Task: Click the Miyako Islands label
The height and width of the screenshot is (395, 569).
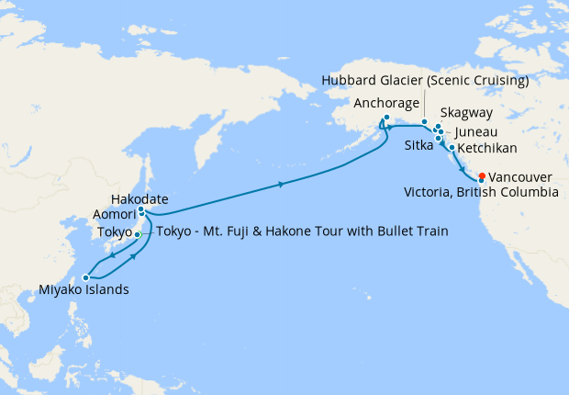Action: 84,291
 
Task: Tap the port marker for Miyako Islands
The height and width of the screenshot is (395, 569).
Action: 85,276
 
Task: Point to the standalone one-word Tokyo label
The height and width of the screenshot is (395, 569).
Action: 116,231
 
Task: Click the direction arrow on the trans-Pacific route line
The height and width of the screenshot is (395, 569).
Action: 280,186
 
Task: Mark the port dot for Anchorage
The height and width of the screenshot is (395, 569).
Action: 386,118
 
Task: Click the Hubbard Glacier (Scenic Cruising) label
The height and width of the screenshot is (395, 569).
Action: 425,81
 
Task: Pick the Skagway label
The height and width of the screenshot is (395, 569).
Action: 466,113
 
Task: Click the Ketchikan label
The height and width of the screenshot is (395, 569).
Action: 485,147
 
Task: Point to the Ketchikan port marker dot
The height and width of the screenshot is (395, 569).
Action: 452,147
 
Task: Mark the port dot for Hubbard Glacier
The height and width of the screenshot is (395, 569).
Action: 424,122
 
